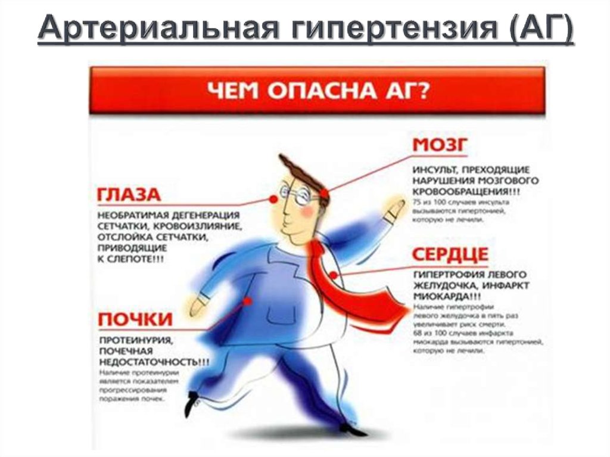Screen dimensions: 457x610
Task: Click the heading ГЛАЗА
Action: (129, 195)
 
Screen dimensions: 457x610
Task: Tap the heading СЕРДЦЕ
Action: (450, 255)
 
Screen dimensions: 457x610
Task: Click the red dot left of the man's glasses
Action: (275, 201)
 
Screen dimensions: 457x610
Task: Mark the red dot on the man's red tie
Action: (335, 275)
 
